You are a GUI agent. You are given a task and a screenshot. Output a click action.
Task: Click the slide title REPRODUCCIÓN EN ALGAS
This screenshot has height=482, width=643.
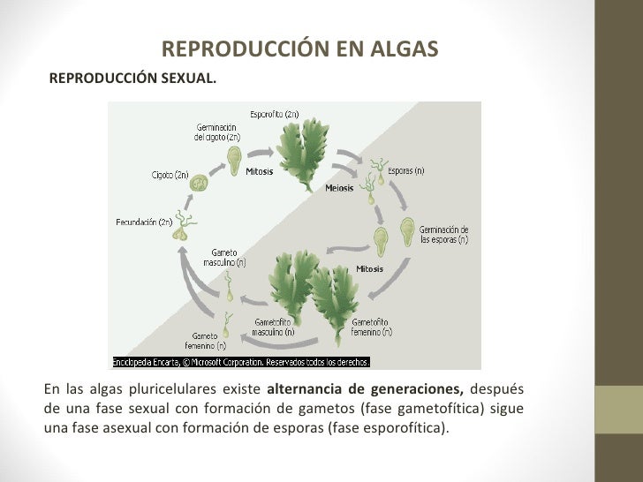(299, 49)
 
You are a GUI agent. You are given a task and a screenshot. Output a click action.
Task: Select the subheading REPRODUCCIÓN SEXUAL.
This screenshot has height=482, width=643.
(132, 78)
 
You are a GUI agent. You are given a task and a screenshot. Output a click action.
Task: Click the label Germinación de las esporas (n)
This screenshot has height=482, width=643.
(443, 234)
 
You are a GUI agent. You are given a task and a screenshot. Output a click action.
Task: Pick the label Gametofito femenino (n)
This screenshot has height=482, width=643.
(370, 328)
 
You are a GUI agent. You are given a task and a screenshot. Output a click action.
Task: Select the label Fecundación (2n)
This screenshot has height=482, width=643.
(143, 222)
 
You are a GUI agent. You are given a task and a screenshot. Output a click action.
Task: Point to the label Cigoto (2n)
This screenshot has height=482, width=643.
(170, 176)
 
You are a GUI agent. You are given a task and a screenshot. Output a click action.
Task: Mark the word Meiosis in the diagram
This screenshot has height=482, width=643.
(339, 188)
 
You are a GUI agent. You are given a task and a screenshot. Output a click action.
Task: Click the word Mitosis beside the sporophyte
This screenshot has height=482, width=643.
(259, 172)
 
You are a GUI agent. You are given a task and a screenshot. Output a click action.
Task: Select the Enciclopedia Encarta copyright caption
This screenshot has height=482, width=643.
(240, 362)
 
